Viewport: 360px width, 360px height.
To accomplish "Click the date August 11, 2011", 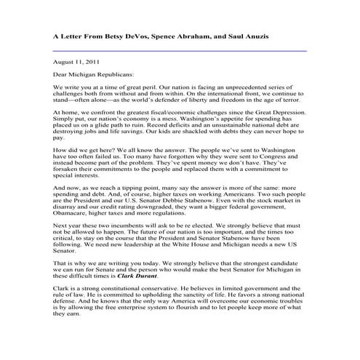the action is (x=76, y=64).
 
